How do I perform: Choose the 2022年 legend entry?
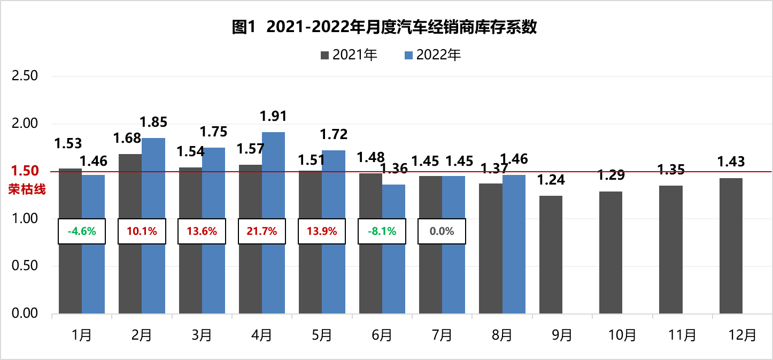click(432, 55)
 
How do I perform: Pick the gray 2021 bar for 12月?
click(731, 246)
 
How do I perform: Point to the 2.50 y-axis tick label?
click(25, 76)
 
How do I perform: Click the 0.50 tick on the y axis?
click(25, 266)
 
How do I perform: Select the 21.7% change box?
click(262, 232)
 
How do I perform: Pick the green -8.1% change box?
click(382, 232)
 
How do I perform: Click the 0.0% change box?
click(442, 232)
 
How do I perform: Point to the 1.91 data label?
click(273, 116)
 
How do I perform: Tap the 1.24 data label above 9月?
click(551, 180)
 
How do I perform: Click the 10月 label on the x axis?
click(622, 335)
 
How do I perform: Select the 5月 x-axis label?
click(321, 335)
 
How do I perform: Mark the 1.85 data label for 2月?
click(153, 122)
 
